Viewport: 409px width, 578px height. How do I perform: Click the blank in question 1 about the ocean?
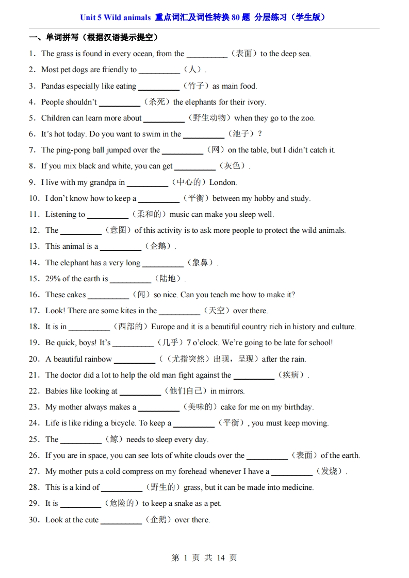pyautogui.click(x=206, y=54)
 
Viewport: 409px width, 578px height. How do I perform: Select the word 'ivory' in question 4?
pyautogui.click(x=256, y=102)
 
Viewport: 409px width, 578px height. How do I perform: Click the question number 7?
pyautogui.click(x=31, y=150)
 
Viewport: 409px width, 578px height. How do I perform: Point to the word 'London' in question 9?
pyautogui.click(x=223, y=182)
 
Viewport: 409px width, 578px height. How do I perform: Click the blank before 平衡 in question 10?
pyautogui.click(x=158, y=199)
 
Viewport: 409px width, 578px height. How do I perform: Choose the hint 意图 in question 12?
pyautogui.click(x=118, y=230)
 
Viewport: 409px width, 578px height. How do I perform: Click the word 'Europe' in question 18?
pyautogui.click(x=162, y=327)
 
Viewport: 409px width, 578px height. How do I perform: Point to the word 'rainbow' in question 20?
pyautogui.click(x=98, y=359)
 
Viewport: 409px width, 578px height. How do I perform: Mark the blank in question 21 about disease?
pyautogui.click(x=253, y=376)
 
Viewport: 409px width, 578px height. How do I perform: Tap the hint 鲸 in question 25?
pyautogui.click(x=113, y=439)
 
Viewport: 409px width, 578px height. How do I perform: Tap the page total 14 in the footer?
pyautogui.click(x=221, y=558)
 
